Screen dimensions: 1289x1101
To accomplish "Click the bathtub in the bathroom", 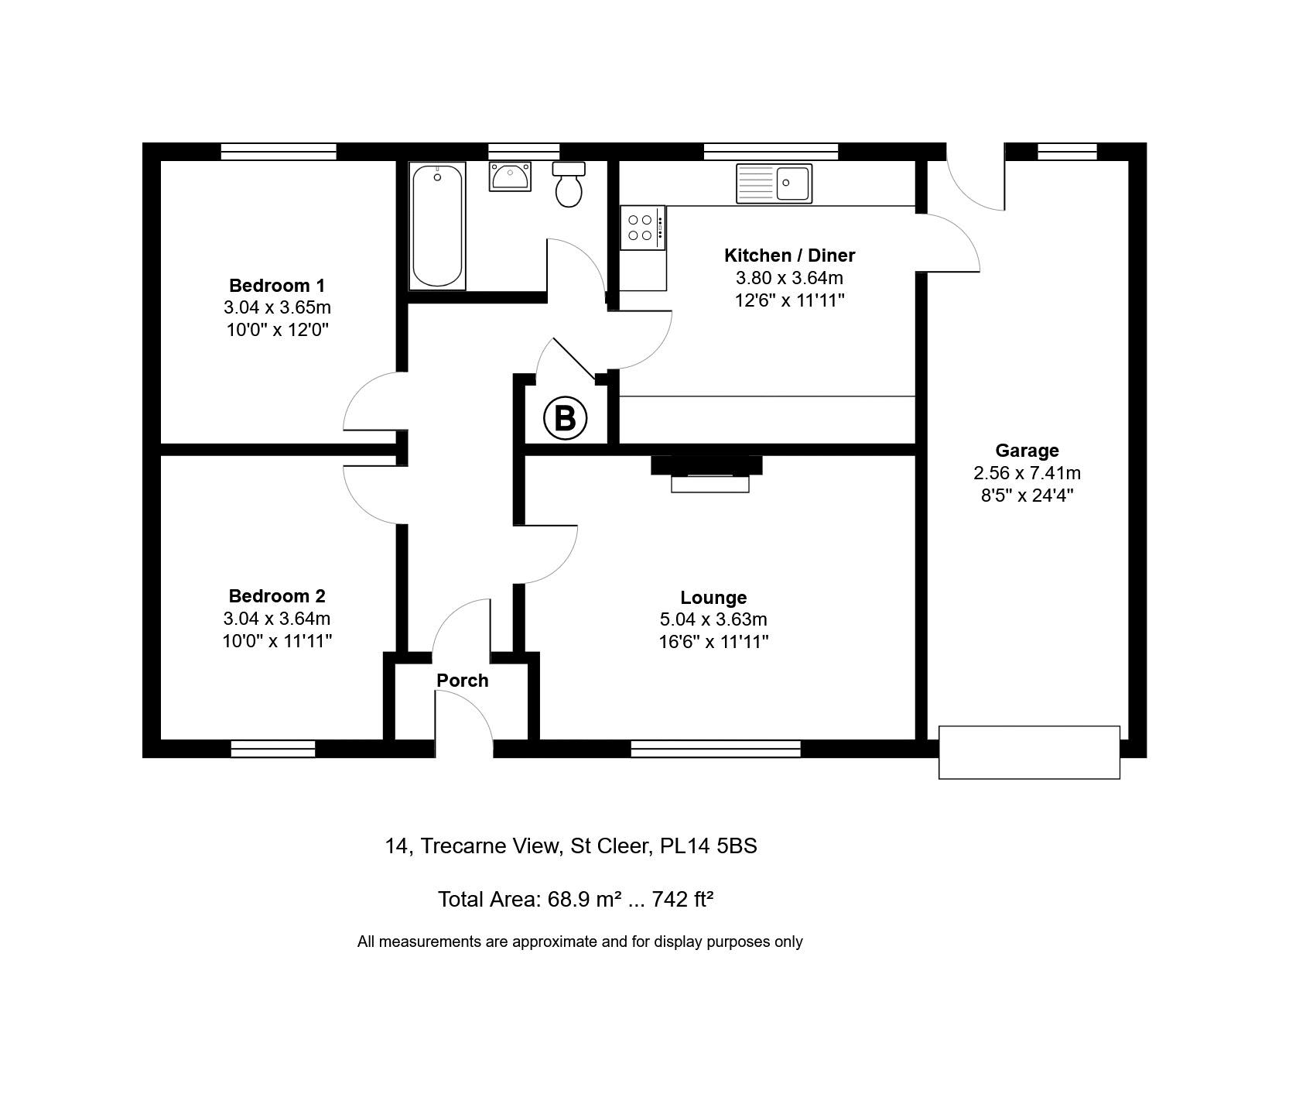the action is click(437, 226).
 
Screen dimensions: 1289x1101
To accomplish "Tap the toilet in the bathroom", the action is click(569, 184).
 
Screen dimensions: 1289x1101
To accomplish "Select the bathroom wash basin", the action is click(510, 176).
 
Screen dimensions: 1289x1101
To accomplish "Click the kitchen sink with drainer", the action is click(774, 183).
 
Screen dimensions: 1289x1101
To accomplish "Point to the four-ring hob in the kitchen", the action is click(642, 228).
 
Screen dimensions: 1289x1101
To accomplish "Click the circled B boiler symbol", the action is click(566, 418).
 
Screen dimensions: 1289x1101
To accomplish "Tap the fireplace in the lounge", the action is click(707, 473).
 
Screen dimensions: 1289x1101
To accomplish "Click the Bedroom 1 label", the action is click(277, 286).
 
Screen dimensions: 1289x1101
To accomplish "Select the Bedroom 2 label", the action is click(277, 596).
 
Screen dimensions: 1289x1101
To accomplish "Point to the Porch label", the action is click(463, 681).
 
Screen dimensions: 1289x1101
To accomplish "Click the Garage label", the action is click(1027, 451).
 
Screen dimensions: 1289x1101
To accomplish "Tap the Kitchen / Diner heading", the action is click(789, 256).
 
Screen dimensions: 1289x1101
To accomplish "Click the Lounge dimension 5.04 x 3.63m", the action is click(713, 619).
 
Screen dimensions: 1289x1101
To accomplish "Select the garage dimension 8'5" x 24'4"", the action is click(1027, 496).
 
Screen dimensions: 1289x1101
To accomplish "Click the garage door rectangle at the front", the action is click(1029, 753).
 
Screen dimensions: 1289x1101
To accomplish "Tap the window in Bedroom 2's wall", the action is click(273, 749).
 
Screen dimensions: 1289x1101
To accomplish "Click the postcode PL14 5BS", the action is click(708, 846).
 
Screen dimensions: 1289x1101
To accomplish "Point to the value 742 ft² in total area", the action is click(682, 900).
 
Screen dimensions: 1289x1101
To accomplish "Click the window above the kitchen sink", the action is click(771, 152).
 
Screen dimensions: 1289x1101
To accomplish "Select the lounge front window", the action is click(716, 749).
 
